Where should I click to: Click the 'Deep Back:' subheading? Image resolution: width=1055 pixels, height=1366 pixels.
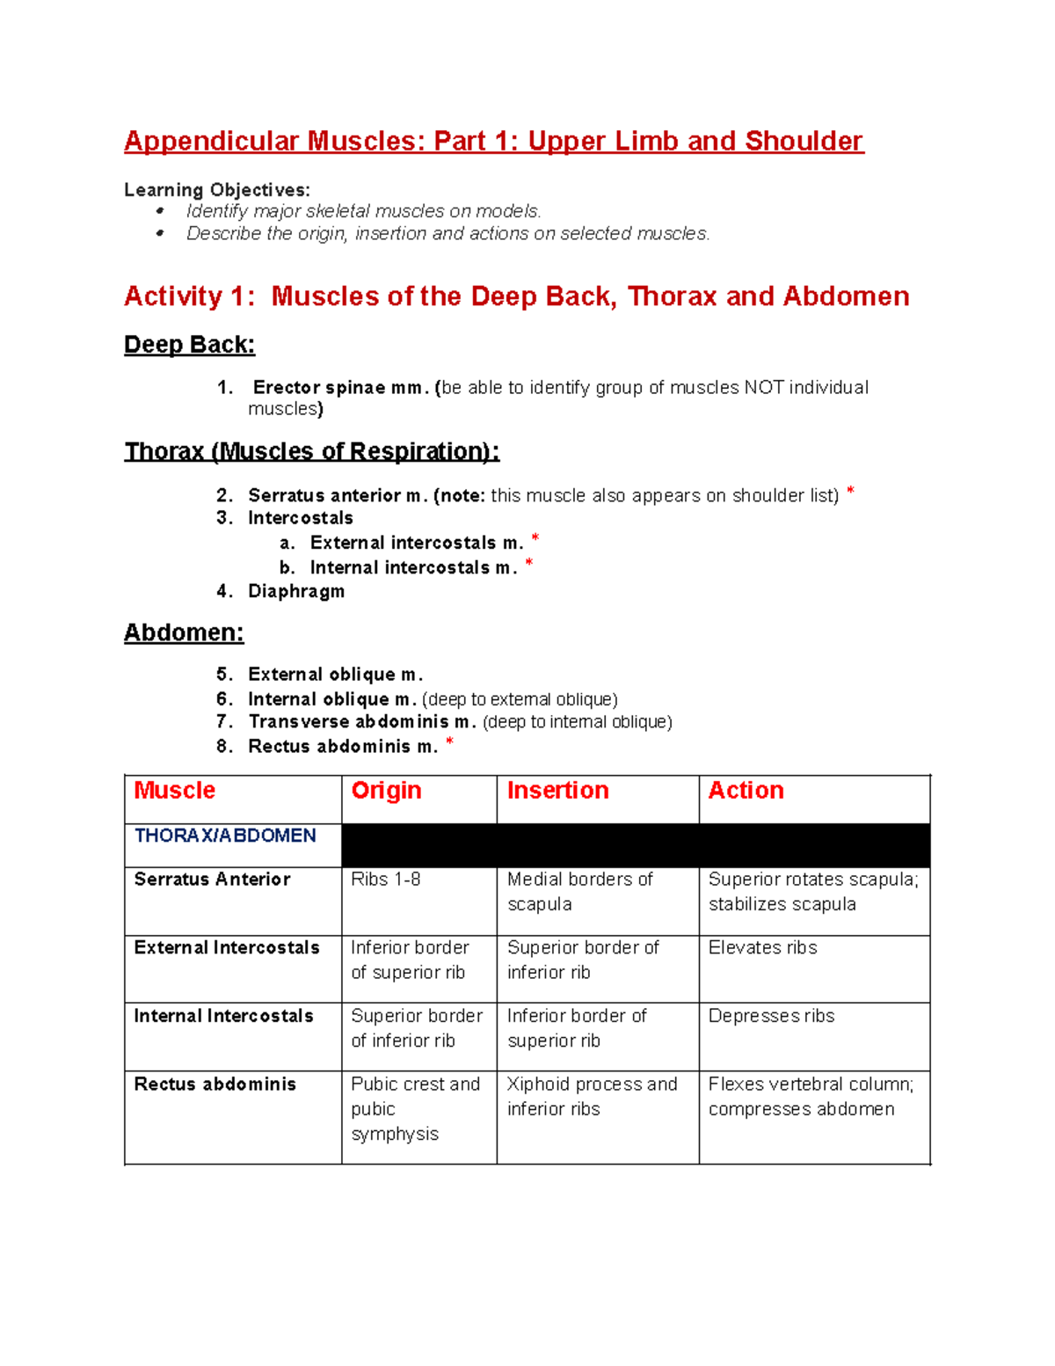coord(189,345)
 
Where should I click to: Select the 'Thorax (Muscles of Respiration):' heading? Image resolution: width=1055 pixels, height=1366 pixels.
coord(311,452)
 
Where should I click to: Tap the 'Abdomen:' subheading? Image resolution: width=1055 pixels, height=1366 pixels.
coord(184,633)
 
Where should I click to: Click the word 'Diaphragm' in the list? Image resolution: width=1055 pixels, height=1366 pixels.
coord(296,592)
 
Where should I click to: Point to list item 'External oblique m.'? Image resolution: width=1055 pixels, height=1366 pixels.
coord(335,675)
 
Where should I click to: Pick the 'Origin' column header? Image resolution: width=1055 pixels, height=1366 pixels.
coord(386,791)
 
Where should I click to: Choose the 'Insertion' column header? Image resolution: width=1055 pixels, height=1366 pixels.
coord(557,791)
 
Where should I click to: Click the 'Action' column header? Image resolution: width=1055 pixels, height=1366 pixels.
coord(746,791)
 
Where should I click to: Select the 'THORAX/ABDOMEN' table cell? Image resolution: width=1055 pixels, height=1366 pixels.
coord(225,836)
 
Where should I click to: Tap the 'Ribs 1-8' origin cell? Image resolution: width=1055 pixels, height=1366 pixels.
coord(385,880)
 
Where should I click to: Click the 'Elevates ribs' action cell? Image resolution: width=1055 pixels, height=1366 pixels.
coord(762,948)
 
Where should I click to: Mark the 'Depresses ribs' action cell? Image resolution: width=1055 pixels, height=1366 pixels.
coord(771,1016)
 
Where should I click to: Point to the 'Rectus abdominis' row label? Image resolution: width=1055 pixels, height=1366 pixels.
coord(215,1085)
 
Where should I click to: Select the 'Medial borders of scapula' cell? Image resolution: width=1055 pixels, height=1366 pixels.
coord(579,892)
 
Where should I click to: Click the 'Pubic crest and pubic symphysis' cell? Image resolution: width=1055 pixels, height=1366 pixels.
coord(415,1109)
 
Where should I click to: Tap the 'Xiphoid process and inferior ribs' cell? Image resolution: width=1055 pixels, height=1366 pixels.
coord(592,1097)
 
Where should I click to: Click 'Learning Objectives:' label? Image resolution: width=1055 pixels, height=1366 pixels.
coord(216,190)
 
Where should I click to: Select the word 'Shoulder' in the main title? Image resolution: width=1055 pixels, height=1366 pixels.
coord(804,142)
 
